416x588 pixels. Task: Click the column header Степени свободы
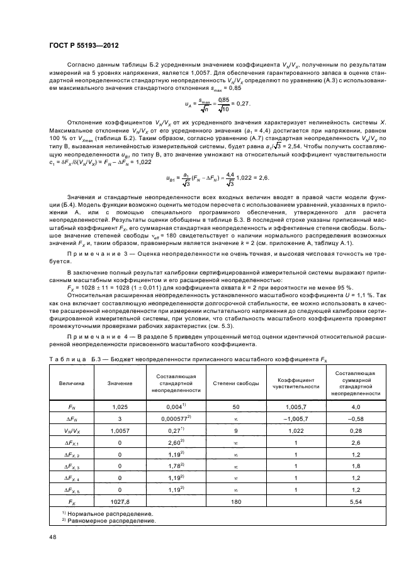tap(232, 383)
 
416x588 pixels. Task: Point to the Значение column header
tap(120, 383)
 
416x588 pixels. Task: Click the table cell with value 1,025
tap(120, 407)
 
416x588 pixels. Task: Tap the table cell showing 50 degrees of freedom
tap(232, 407)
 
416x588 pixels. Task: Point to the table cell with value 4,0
tap(356, 407)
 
